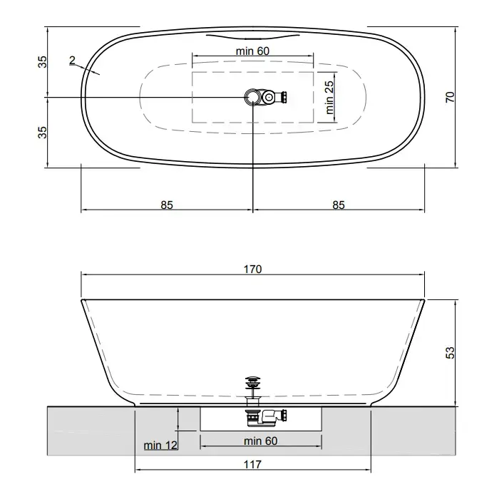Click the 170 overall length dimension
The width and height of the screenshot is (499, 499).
(252, 269)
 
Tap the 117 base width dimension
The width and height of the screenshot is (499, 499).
(252, 464)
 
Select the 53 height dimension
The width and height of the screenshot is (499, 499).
(451, 353)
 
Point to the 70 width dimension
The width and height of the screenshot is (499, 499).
(451, 97)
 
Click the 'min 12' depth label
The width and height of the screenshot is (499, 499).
(160, 446)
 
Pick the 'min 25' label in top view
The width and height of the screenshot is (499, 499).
(329, 98)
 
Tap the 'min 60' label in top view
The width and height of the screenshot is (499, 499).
(252, 51)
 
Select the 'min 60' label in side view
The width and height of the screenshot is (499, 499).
(261, 441)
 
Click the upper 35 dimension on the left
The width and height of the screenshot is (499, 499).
(42, 62)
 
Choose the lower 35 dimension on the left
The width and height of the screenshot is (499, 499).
(42, 132)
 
